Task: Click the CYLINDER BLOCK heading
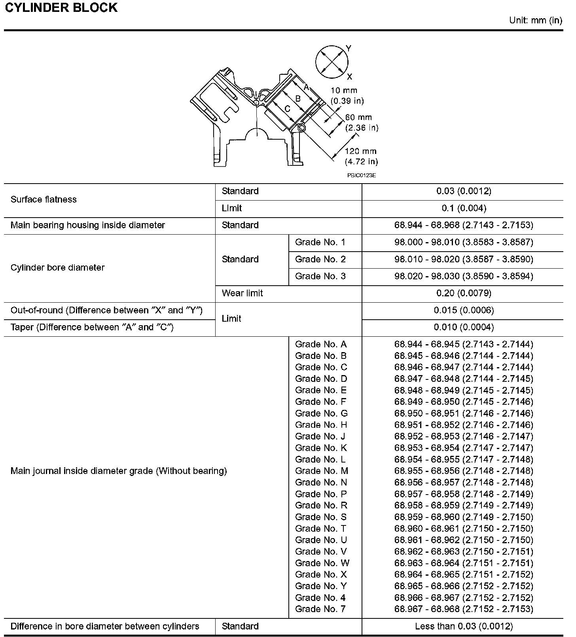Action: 61,8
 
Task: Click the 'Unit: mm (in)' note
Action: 535,20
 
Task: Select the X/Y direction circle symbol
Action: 332,62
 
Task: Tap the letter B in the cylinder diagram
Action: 298,98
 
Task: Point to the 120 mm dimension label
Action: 361,156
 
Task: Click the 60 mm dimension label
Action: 361,122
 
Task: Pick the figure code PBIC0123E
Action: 361,175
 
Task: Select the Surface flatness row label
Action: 44,199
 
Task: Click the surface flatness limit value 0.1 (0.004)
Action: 464,208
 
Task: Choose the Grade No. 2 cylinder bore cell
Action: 320,259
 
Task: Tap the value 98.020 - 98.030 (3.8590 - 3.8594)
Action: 464,276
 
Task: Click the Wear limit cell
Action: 242,293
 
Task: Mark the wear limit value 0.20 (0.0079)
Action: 464,293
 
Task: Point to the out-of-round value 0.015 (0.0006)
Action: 464,310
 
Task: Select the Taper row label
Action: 92,327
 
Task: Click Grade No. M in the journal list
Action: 321,471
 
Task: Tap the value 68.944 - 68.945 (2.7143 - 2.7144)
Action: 464,344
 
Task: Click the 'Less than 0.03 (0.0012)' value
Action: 464,626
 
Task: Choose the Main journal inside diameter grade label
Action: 119,471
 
